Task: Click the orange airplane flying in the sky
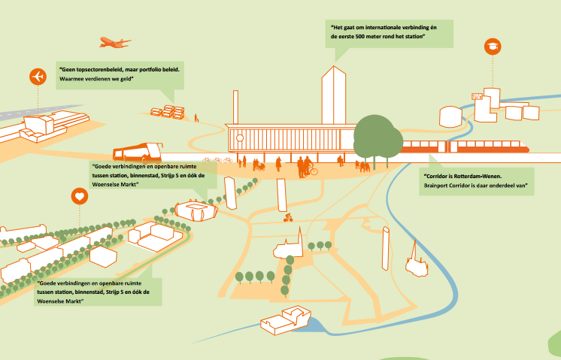[x=114, y=42]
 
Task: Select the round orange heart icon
[x=79, y=197]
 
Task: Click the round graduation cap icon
[x=493, y=47]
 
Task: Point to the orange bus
[x=138, y=152]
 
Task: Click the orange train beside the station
[x=466, y=147]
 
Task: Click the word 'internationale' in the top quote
[x=384, y=26]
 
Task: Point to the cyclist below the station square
[x=287, y=218]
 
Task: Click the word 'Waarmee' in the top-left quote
[x=73, y=77]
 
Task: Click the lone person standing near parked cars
[x=196, y=118]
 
